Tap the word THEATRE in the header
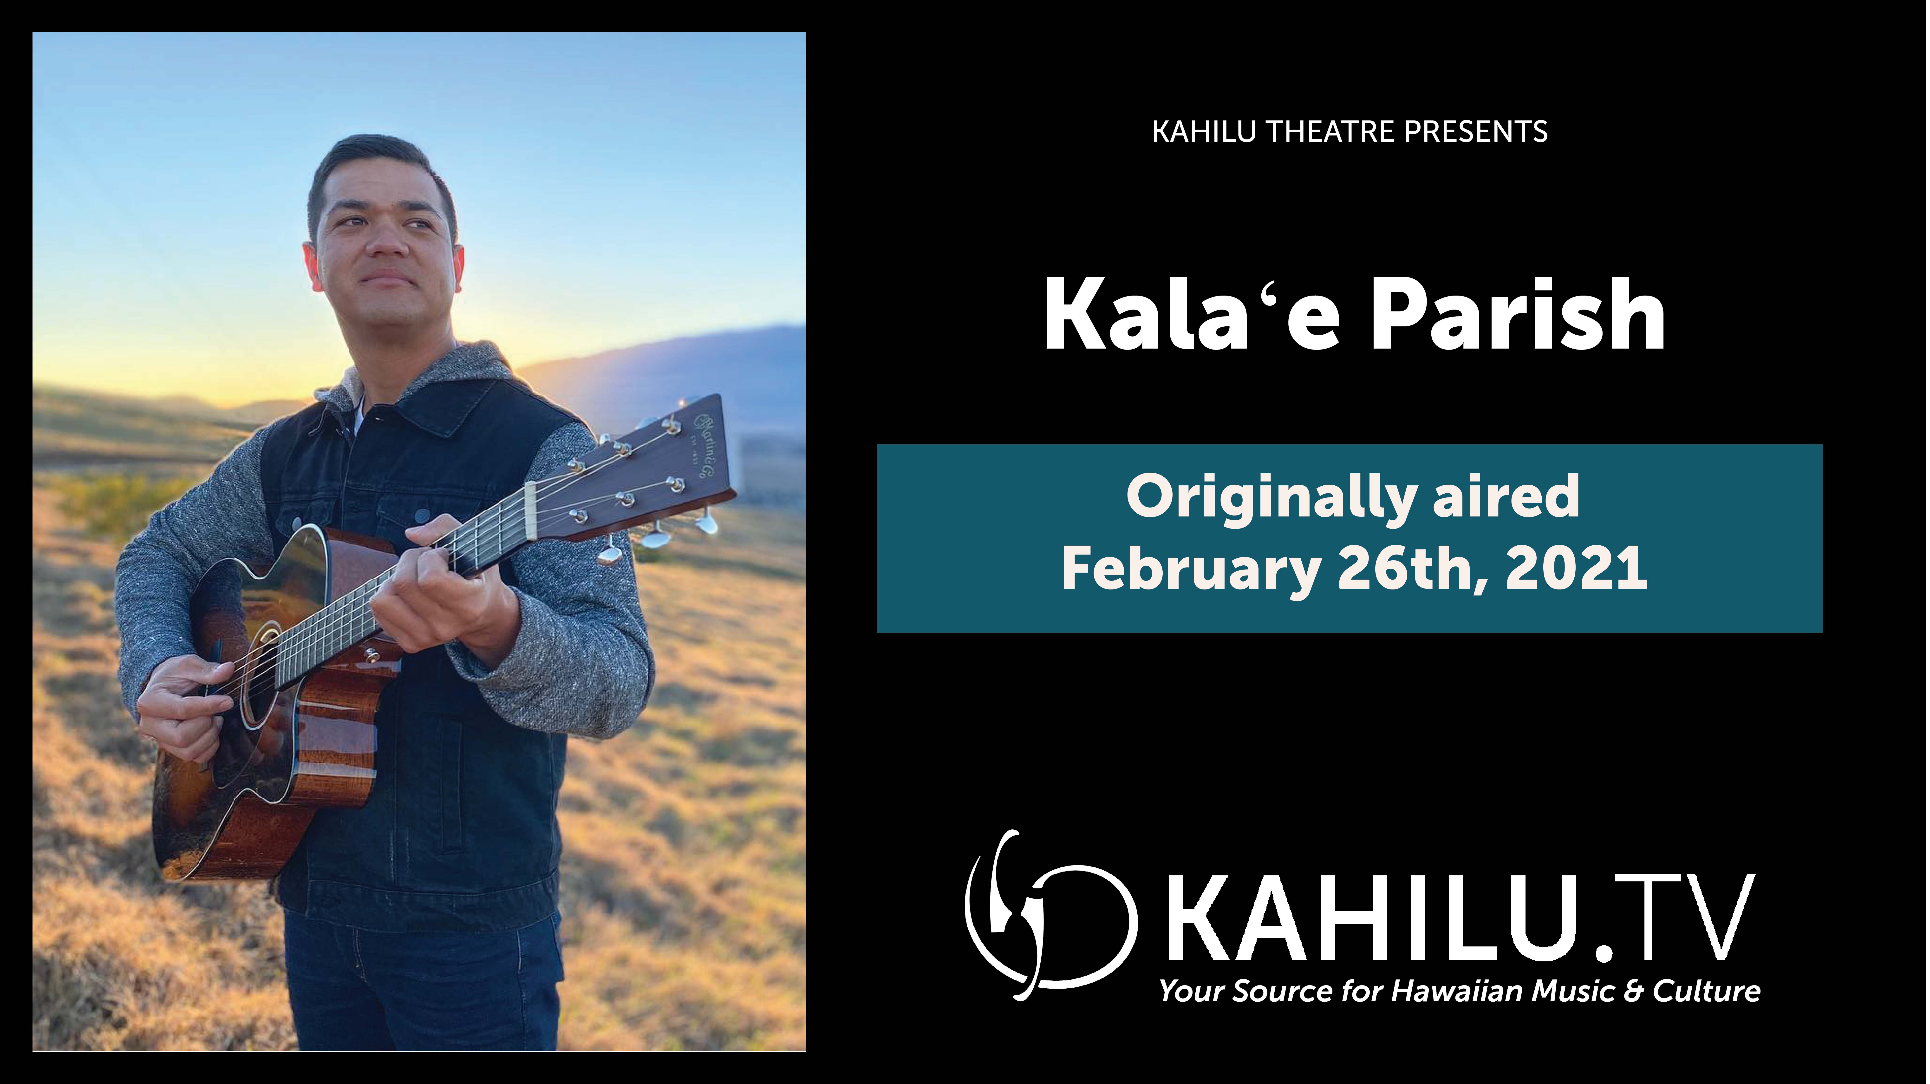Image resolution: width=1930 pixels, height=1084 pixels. pyautogui.click(x=1330, y=132)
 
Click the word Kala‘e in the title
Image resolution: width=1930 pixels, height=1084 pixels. pyautogui.click(x=1191, y=315)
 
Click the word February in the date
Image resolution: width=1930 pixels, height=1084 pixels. pyautogui.click(x=1191, y=570)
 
